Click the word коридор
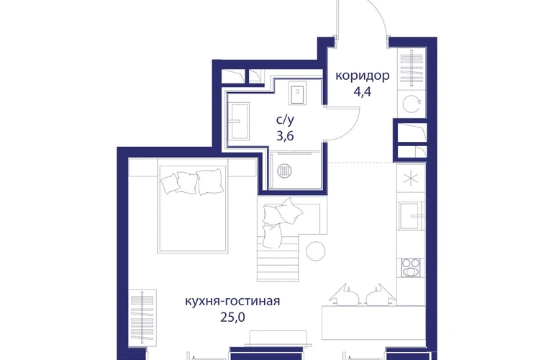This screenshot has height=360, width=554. coord(362,76)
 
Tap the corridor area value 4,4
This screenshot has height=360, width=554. coord(363,92)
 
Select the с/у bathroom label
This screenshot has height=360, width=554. coord(285,120)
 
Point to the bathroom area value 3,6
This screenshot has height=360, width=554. coord(285,136)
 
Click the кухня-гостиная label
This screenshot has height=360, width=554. coord(232,301)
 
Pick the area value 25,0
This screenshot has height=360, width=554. coord(232,318)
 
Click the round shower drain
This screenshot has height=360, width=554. coord(285,171)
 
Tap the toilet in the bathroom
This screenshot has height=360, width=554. coord(297,94)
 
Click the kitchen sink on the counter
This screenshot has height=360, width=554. coord(411,215)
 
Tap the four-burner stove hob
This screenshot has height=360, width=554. coord(411,268)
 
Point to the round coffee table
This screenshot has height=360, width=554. coord(316,251)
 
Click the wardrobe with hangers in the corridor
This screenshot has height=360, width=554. coord(412,68)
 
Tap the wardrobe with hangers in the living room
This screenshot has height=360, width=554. coord(143,318)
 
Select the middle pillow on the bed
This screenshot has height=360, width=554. coord(187,181)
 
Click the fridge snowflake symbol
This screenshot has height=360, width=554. coord(411,178)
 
